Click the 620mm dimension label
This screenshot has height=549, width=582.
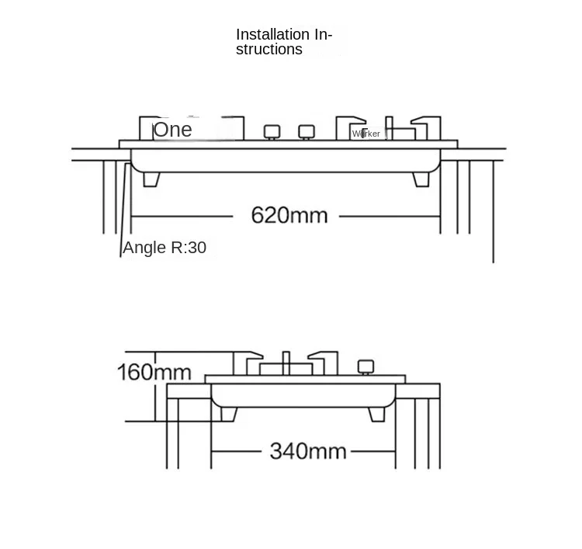[x=289, y=215]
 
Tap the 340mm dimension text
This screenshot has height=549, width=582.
[x=307, y=451]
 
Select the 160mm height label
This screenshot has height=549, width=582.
[x=154, y=372]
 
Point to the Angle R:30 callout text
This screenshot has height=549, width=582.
[x=165, y=248]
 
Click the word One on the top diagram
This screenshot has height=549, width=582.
[x=172, y=130]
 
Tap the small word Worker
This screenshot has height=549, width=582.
[x=366, y=134]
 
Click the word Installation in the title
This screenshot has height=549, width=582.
[x=272, y=34]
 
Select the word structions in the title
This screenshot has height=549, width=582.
[x=269, y=50]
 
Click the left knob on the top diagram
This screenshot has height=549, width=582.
[x=271, y=131]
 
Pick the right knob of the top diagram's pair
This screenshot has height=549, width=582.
[x=307, y=131]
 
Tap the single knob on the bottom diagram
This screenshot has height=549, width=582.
[x=365, y=367]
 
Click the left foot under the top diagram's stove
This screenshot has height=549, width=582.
[x=152, y=179]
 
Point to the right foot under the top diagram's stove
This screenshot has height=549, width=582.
[x=421, y=179]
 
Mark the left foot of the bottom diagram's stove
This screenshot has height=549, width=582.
[x=229, y=414]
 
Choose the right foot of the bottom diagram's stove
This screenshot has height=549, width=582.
[x=376, y=414]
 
